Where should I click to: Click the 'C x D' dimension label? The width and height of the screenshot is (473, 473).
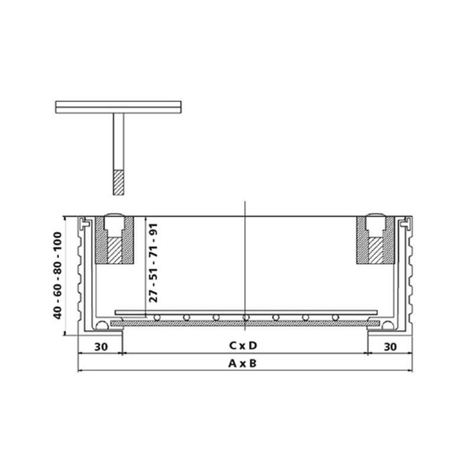click(243, 345)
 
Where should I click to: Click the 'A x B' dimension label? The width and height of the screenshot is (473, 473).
click(242, 364)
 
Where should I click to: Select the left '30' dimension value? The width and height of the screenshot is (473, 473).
click(101, 347)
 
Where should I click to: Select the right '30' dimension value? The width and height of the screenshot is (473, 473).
click(390, 347)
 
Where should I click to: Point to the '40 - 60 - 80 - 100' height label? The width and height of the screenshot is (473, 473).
click(57, 276)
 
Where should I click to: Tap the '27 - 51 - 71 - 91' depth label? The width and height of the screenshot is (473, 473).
click(153, 263)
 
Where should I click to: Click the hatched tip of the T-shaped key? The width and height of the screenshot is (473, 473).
click(118, 183)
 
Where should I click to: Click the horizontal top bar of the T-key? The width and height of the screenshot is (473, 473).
click(118, 107)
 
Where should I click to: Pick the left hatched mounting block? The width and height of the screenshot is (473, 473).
click(114, 240)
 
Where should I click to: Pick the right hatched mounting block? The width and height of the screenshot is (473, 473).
click(375, 240)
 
